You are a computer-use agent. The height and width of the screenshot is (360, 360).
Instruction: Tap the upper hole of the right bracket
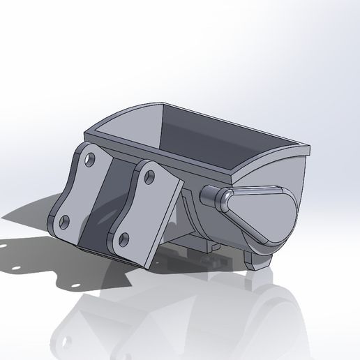click(149, 175)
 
